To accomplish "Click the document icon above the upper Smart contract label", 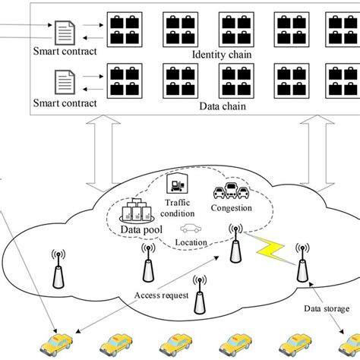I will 64,31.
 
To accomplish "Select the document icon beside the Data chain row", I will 64,81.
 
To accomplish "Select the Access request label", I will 158,295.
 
